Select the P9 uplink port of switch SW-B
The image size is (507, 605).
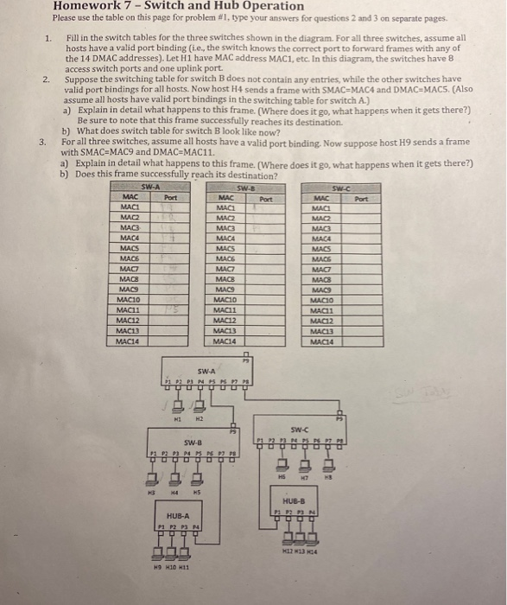click(232, 432)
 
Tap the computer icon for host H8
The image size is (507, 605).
click(328, 462)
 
